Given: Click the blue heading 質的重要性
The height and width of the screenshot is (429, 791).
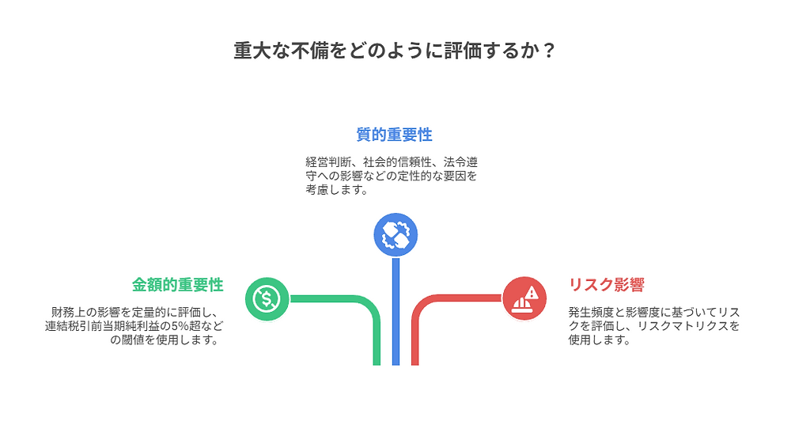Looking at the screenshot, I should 394,135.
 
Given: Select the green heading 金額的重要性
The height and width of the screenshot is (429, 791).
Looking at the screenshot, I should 177,285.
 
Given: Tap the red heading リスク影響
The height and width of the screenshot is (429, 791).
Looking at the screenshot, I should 607,285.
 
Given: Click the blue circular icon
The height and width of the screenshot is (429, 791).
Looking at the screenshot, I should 395,235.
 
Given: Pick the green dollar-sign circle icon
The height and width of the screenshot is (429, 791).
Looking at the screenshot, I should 267,299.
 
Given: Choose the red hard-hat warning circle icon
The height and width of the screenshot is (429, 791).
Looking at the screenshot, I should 524,299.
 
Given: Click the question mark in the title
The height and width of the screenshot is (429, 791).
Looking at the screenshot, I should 550,51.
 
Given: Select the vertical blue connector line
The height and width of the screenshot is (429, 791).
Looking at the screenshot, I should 395,317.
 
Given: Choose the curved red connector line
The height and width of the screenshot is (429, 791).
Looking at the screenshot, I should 443,300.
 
